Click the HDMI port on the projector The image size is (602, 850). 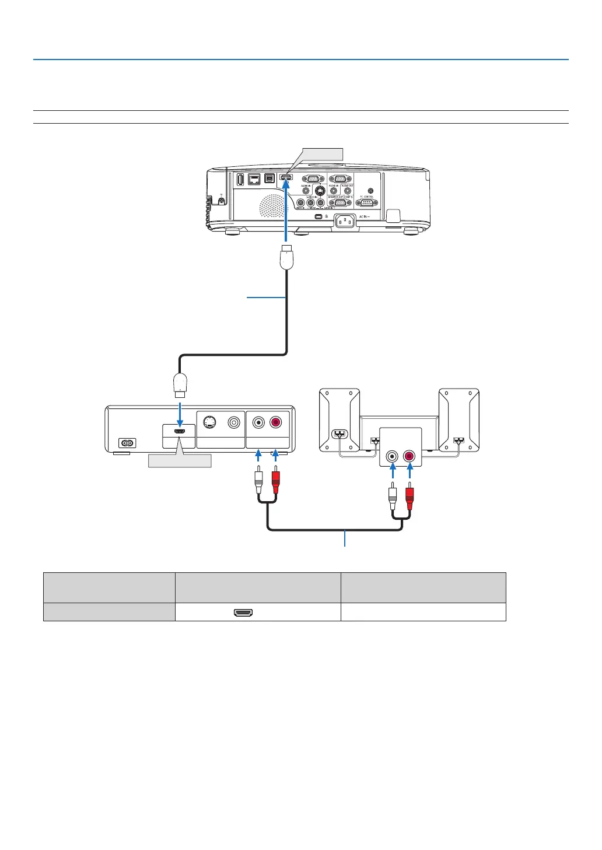[x=286, y=177]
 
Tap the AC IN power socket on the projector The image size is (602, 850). [x=344, y=221]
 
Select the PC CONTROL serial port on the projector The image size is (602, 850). [x=366, y=203]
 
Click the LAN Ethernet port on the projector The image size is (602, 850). [x=254, y=179]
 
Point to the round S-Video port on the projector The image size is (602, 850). [x=320, y=190]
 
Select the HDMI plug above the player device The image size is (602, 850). [x=180, y=384]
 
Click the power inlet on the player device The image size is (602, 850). [x=126, y=443]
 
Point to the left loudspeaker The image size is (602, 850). [x=339, y=420]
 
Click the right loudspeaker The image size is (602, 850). [x=459, y=420]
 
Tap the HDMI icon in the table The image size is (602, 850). [x=243, y=613]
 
